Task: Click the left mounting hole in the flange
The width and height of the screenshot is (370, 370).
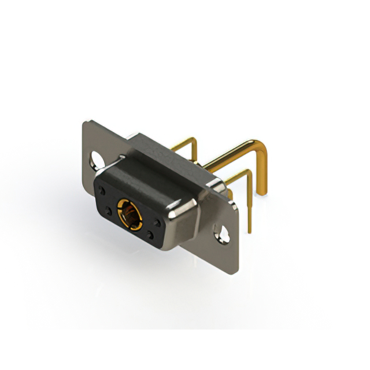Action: click(94, 158)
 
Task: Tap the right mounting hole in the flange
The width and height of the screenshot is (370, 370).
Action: click(222, 232)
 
